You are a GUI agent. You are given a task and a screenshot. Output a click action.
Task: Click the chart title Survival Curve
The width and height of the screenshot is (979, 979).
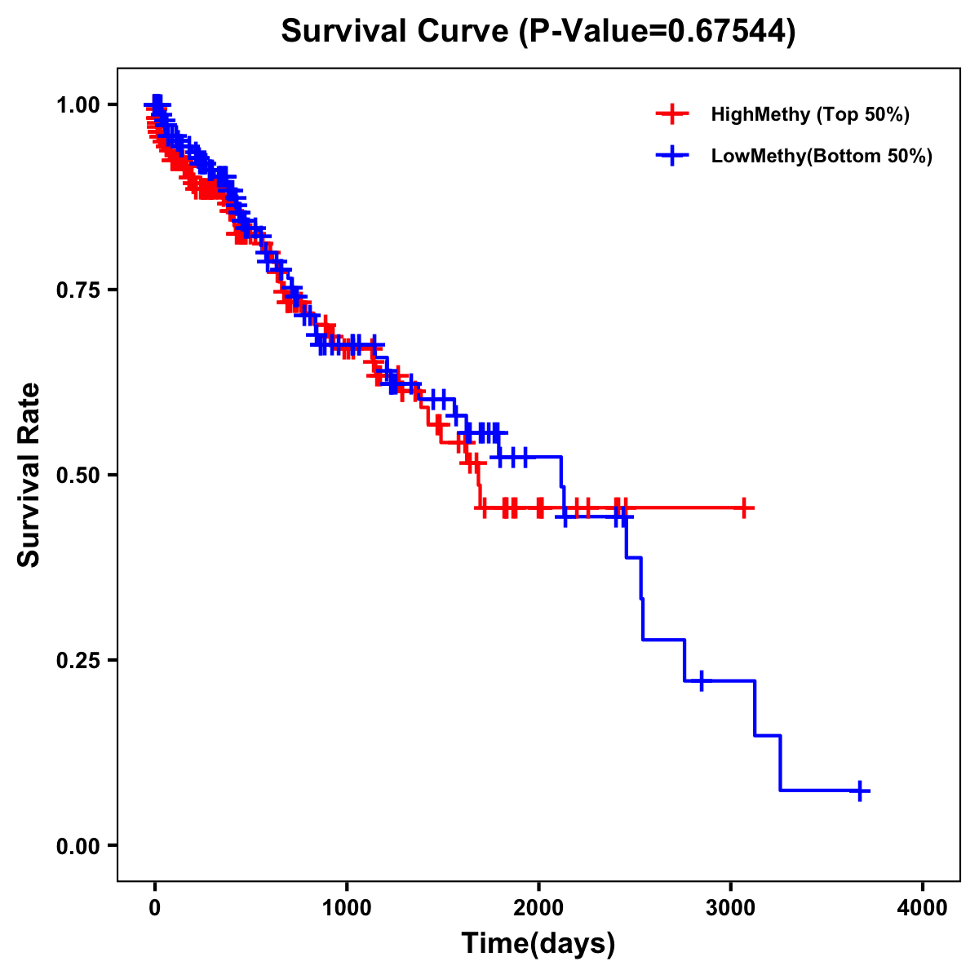coord(538,31)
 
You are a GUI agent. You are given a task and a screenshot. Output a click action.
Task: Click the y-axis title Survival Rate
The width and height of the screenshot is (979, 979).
coord(29,475)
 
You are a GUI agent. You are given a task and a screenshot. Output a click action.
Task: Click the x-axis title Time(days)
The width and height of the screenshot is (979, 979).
coord(538,943)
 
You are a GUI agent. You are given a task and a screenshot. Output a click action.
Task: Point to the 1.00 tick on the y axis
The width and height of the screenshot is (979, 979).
coord(78,104)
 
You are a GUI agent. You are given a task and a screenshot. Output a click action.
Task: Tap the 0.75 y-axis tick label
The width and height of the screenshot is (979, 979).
coord(78,290)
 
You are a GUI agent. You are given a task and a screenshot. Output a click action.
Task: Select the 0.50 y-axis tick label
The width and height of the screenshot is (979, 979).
coord(78,475)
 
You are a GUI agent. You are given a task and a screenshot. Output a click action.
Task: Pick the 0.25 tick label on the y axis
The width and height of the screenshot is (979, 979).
coord(78,660)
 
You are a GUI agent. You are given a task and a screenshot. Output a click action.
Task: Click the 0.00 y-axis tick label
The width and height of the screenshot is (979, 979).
coord(78,845)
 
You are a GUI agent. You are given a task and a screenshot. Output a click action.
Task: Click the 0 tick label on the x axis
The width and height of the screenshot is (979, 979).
coord(155,908)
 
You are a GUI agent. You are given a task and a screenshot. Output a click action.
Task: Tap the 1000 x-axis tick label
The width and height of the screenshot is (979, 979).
coord(347,908)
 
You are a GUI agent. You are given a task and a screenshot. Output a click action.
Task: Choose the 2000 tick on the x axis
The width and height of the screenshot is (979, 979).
coord(538,908)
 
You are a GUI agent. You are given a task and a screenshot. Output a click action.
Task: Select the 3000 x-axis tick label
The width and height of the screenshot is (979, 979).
coord(731,908)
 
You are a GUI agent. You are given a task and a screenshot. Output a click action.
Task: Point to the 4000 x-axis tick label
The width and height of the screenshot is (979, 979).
coord(923,908)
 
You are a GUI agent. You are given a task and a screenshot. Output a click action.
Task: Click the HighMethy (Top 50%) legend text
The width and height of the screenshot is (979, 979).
coord(810,114)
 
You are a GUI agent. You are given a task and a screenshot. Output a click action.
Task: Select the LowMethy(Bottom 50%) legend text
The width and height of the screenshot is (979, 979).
coord(822,156)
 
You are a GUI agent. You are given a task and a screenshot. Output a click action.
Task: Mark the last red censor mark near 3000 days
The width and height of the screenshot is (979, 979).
coord(743,507)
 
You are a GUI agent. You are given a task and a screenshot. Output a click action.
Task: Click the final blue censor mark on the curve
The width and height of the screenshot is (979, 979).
coord(860,791)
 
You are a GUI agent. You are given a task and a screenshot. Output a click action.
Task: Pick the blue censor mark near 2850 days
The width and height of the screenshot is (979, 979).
coord(702,680)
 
